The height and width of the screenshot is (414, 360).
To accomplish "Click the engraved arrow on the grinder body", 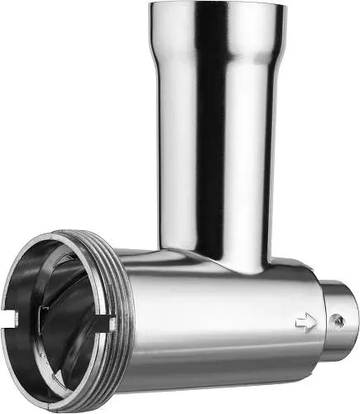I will point(306,323).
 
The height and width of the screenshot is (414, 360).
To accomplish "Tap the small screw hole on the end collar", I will point(336,320).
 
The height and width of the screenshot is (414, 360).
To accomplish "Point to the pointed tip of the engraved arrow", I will point(316,323).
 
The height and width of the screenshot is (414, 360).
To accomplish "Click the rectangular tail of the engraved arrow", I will point(300,323).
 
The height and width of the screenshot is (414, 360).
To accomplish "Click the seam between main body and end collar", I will point(322,320).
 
